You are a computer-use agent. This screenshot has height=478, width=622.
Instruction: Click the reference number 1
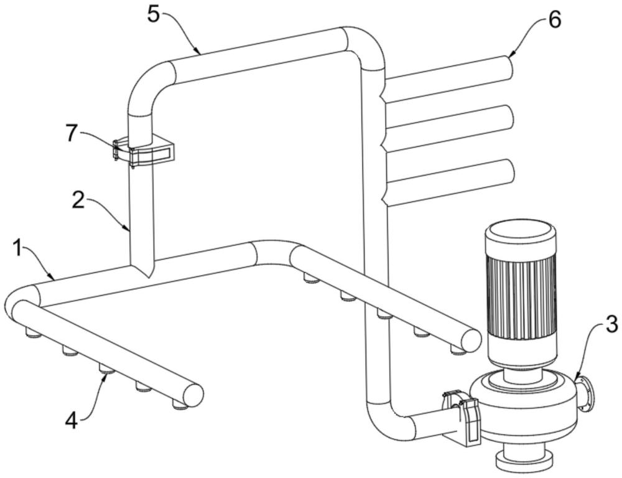coord(17,249)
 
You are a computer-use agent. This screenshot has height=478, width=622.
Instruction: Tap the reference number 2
coord(78,200)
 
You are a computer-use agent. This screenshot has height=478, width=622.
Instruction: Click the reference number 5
coord(154,16)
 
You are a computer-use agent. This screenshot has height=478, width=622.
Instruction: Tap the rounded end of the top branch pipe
coord(506,67)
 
